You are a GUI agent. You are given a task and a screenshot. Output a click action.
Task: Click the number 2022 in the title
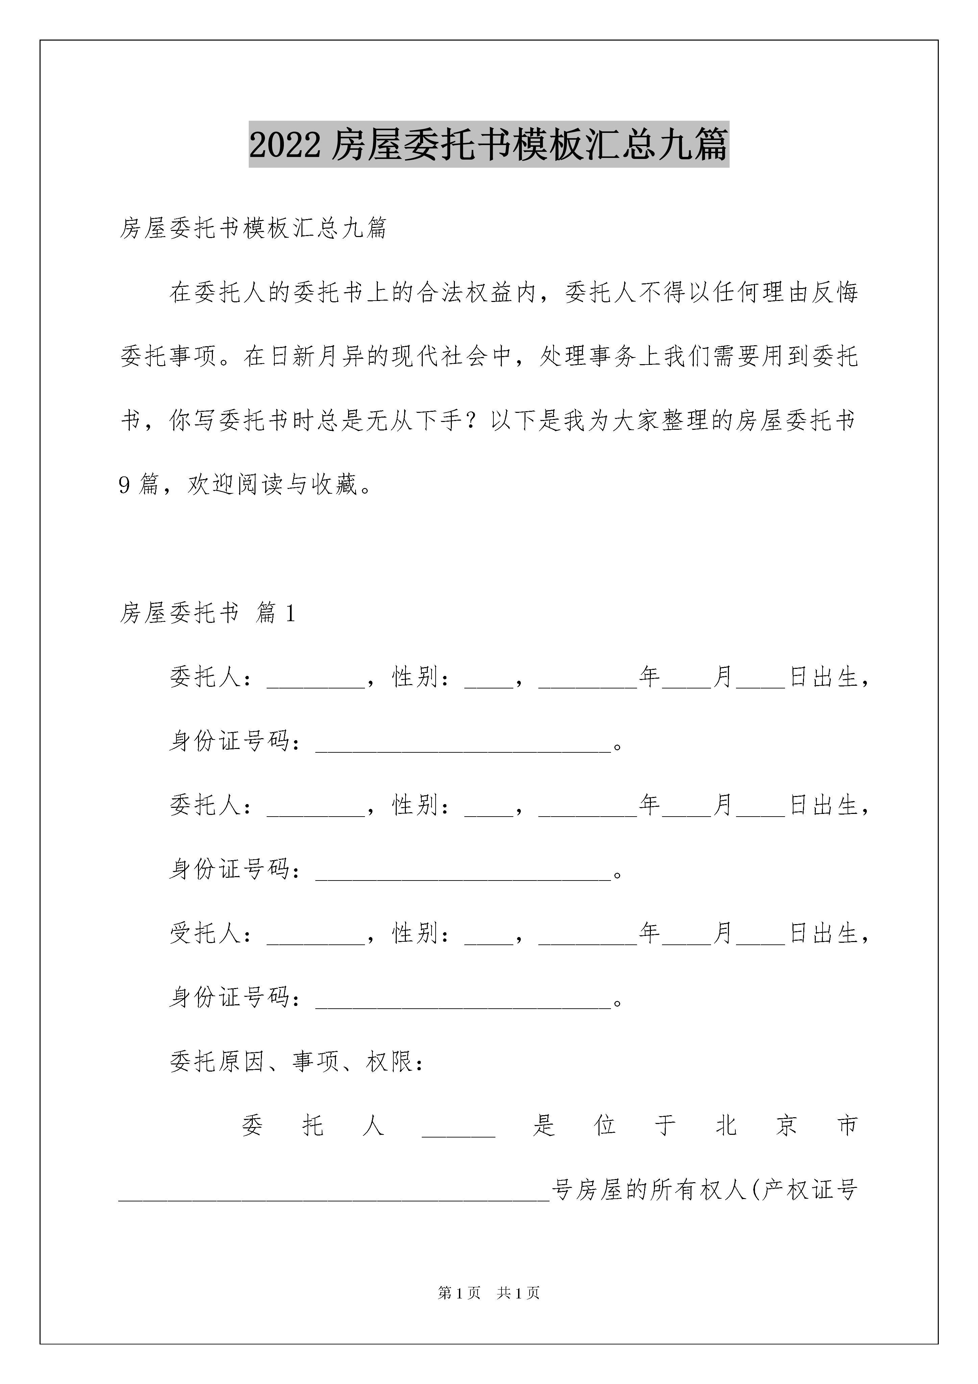285,145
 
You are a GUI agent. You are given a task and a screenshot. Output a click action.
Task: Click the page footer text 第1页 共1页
489,1292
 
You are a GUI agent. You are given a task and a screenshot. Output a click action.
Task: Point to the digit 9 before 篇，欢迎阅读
125,485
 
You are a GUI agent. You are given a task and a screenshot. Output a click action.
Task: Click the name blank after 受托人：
315,933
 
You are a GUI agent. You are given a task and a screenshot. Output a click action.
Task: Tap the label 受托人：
211,933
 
